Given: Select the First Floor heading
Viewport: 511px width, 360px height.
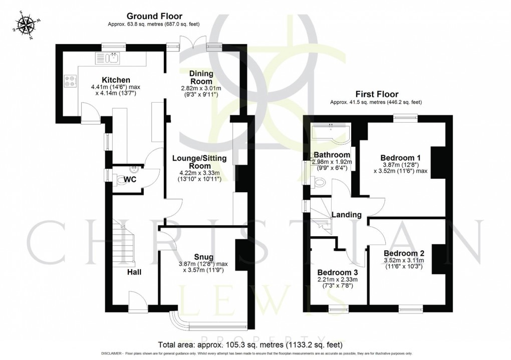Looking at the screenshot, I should [x=377, y=94].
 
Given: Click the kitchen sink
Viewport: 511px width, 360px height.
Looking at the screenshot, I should [x=111, y=59].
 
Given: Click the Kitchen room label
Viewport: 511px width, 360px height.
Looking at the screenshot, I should [x=116, y=80].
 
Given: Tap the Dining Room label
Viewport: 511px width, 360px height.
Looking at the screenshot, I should [x=200, y=78].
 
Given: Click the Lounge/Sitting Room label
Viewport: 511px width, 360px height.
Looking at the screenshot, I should [x=199, y=162].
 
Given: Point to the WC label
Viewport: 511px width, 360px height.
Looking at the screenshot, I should [x=130, y=179].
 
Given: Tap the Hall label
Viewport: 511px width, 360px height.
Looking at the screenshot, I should [x=133, y=272].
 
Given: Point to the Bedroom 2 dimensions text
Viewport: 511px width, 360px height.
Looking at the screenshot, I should [x=403, y=263].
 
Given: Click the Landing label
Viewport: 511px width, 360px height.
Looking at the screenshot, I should [x=346, y=215].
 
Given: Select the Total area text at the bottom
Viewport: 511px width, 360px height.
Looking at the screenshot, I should [x=250, y=344].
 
